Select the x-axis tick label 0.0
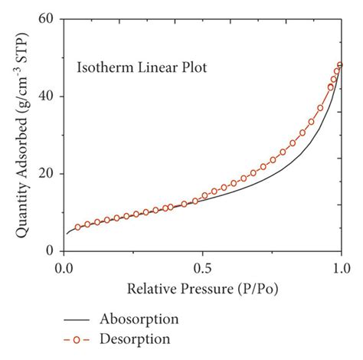pyautogui.click(x=65, y=268)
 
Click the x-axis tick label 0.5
pyautogui.click(x=203, y=268)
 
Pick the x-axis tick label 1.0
pyautogui.click(x=341, y=268)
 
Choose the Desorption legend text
pyautogui.click(x=138, y=337)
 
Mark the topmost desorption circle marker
pyautogui.click(x=340, y=65)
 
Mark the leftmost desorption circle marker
pyautogui.click(x=77, y=227)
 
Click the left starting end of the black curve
pyautogui.click(x=67, y=234)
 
